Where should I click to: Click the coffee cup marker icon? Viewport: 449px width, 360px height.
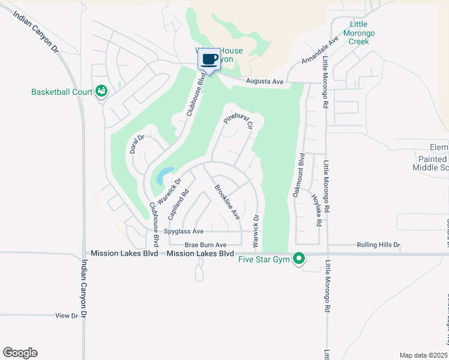click(x=209, y=60)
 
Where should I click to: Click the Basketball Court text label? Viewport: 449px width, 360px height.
click(x=62, y=92)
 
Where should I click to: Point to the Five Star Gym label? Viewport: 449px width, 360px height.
click(x=264, y=259)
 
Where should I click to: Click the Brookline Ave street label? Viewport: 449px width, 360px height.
click(x=228, y=202)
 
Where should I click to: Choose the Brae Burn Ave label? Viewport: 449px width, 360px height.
click(x=205, y=245)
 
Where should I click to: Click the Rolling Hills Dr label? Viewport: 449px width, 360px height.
click(x=378, y=245)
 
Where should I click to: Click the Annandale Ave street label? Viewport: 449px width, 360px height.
click(x=321, y=51)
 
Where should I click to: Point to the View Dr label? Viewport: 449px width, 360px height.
click(x=67, y=315)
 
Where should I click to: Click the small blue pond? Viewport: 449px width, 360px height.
click(x=163, y=175)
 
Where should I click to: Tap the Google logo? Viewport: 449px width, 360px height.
click(x=20, y=353)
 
